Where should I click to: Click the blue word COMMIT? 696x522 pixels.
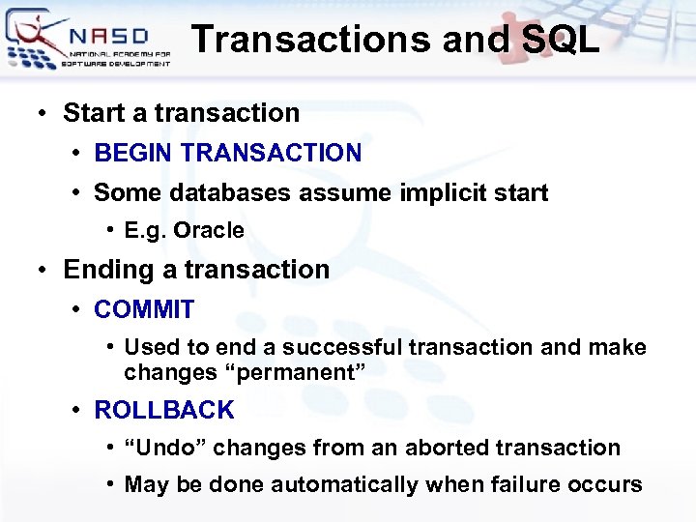[144, 309]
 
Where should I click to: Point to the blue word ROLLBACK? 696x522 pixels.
[163, 410]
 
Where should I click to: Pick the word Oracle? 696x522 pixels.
[211, 231]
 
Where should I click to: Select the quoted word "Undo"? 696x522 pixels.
[164, 448]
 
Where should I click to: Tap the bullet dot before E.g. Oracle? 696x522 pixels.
[112, 230]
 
